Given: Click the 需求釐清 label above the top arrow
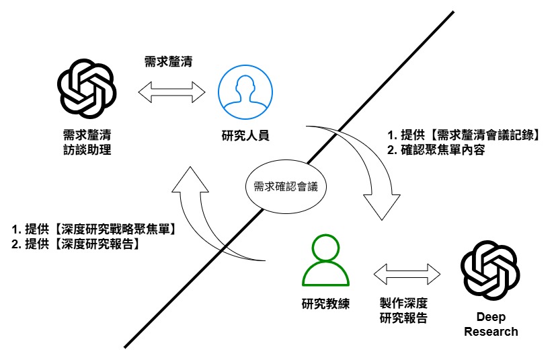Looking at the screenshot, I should pyautogui.click(x=169, y=62).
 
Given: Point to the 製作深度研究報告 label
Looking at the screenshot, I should pyautogui.click(x=403, y=311).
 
